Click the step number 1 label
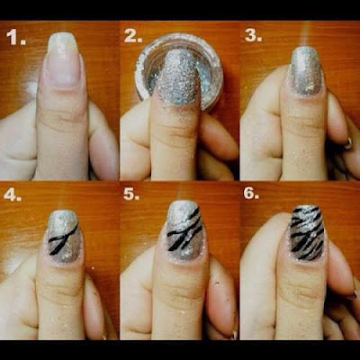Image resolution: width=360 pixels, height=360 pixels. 16,38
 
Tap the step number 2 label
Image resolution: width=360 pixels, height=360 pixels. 133,36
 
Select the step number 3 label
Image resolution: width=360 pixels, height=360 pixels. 253,35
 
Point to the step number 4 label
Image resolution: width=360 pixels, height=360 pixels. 13,194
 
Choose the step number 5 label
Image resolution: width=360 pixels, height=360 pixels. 131,193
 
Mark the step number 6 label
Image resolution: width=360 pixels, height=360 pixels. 251,193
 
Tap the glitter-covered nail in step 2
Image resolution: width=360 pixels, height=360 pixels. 177,77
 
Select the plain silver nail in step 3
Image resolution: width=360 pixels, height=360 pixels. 304,70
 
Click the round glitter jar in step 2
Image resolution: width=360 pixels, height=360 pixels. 179,71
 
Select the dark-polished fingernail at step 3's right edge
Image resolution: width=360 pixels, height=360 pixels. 348,143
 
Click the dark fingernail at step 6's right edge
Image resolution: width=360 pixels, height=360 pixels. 352,295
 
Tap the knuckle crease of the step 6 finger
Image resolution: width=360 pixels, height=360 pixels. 303,286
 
